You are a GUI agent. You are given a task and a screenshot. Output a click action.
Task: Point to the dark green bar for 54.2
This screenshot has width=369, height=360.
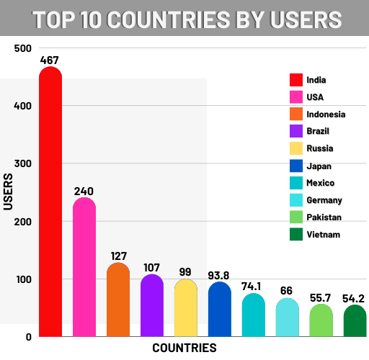point(355,321)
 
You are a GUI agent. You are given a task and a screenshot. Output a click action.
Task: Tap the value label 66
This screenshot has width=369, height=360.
point(287,289)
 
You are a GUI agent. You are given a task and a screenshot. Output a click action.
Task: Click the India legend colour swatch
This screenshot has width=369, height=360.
point(295,79)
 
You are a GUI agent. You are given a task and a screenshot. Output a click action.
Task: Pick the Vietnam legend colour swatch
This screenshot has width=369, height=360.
point(295,234)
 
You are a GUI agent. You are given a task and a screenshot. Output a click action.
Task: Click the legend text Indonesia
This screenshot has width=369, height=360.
point(326,114)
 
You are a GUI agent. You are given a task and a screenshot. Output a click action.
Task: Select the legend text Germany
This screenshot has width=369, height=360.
point(324,199)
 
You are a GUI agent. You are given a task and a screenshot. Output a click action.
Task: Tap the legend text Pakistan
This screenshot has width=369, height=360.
point(324,217)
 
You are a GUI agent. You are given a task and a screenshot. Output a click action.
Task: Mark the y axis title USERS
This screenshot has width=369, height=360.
point(9,192)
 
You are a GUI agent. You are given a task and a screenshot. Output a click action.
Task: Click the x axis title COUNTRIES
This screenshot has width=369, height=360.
point(184,348)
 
